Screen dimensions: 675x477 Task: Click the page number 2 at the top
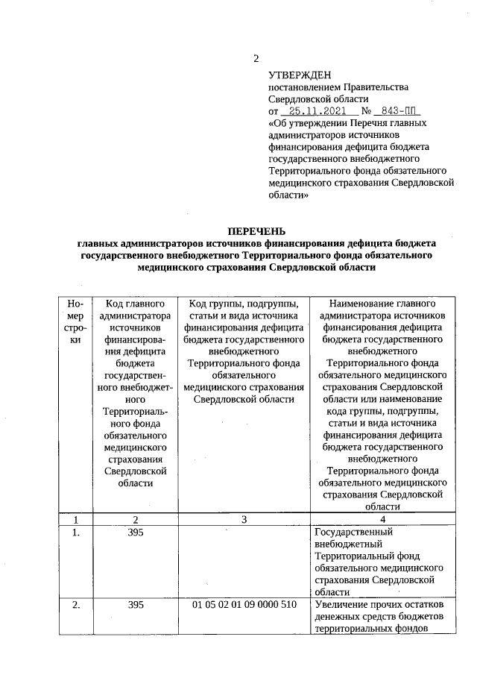point(256,60)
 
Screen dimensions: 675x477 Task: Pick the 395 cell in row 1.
point(135,533)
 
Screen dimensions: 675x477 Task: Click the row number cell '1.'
point(75,533)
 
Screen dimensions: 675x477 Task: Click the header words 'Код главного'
point(135,304)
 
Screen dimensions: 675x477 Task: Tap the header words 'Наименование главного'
point(382,304)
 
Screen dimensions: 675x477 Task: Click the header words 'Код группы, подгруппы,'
point(244,304)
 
